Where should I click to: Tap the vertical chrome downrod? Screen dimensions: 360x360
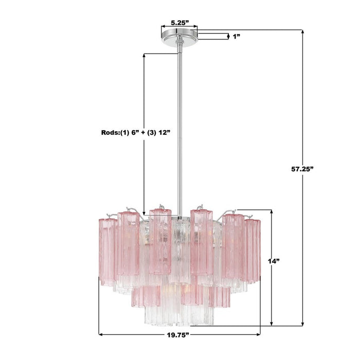(179, 129)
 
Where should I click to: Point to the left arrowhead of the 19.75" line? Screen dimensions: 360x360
(100, 335)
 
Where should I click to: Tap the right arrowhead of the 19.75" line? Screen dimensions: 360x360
(258, 335)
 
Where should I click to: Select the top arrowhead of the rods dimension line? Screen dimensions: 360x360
(145, 54)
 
